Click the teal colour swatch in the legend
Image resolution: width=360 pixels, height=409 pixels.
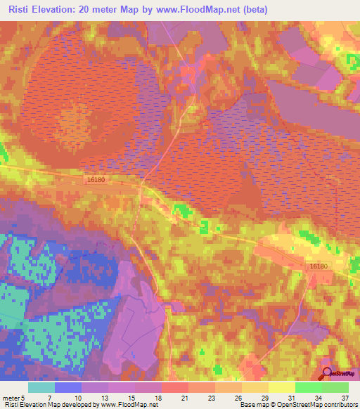41,387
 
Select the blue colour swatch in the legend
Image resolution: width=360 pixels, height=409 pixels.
68,387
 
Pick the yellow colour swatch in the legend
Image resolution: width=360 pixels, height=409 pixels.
282,387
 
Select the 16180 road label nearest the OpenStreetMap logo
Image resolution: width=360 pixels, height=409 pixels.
318,266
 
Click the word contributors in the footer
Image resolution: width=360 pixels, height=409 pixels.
338,405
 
